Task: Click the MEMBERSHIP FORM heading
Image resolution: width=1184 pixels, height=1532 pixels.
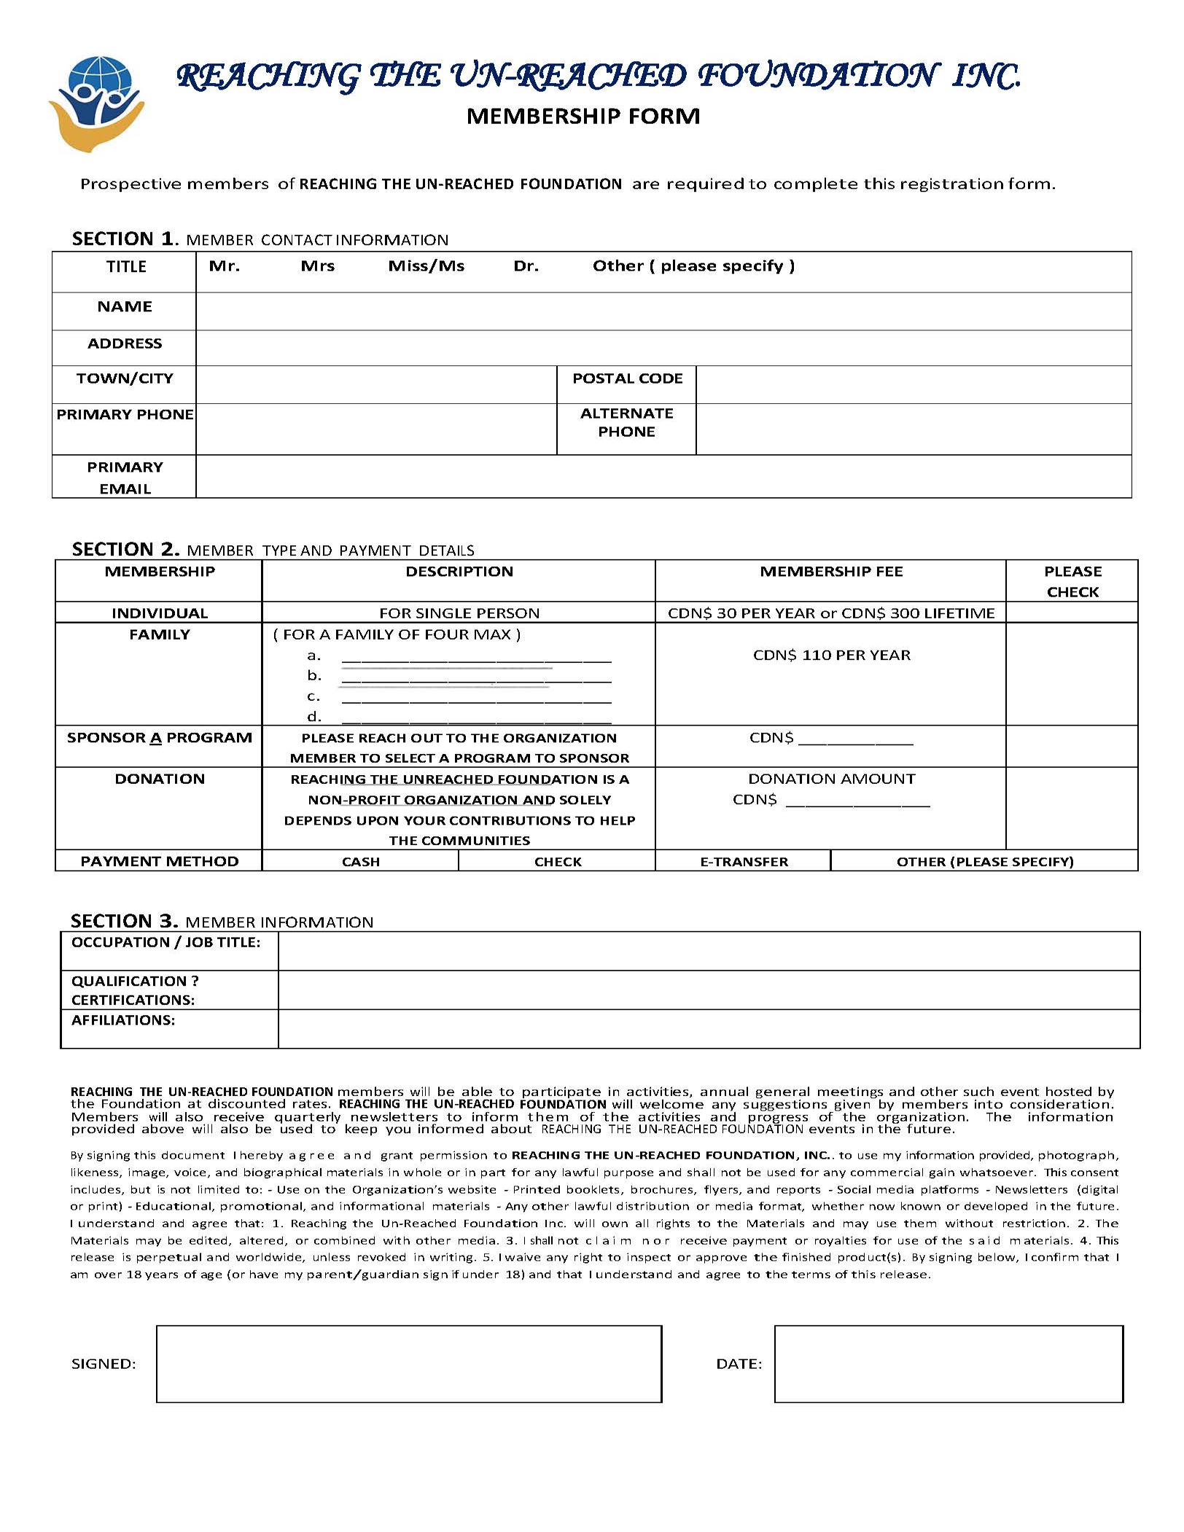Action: [x=583, y=117]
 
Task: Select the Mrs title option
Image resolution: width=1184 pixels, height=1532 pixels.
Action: [x=317, y=266]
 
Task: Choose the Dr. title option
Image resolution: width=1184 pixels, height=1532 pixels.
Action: [x=526, y=266]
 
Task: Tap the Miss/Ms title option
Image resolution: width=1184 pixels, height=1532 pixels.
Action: [x=426, y=266]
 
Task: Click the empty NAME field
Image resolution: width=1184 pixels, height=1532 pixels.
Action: [x=663, y=311]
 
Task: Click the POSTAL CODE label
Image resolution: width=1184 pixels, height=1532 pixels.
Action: [x=627, y=378]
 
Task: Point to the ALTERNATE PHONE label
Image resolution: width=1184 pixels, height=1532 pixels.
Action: [x=626, y=422]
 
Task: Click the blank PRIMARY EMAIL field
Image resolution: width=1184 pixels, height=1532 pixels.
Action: [x=663, y=477]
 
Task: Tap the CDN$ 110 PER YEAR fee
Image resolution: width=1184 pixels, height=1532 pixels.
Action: [x=831, y=655]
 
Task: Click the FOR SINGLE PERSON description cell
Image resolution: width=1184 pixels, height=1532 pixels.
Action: [x=459, y=613]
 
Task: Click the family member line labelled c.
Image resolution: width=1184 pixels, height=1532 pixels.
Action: [x=476, y=697]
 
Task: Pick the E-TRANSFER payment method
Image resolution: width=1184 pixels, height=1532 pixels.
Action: [x=744, y=861]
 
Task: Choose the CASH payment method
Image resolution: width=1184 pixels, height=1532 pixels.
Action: [x=361, y=861]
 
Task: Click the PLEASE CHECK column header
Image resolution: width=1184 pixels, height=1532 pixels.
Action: [x=1072, y=581]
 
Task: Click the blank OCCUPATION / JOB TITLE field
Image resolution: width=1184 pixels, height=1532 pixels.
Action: [x=709, y=951]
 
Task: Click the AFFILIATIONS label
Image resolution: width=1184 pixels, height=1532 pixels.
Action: [x=123, y=1020]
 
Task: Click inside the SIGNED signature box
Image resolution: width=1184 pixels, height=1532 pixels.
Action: [x=409, y=1364]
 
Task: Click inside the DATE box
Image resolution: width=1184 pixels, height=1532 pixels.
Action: [x=949, y=1364]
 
